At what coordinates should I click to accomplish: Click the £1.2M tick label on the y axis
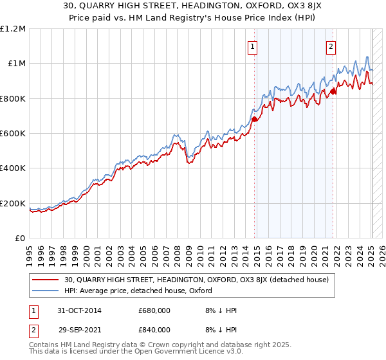pos(13,28)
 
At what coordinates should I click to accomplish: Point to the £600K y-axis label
pos(13,133)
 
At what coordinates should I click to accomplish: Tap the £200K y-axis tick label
pos(13,203)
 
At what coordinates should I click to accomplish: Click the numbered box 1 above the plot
pos(253,46)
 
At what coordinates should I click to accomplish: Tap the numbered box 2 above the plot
pos(331,46)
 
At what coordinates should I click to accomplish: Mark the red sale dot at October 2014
pos(255,119)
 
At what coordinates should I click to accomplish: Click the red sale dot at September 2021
pos(333,91)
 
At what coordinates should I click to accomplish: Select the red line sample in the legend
pos(44,280)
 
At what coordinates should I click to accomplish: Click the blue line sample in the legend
pos(44,290)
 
